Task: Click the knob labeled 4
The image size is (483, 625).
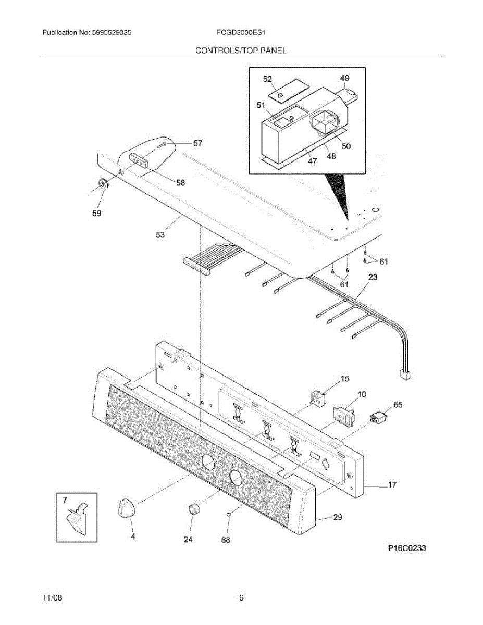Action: (126, 508)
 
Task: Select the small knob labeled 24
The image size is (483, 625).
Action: (194, 509)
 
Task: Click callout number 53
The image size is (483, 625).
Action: (160, 235)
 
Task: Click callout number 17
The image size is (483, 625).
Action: (392, 485)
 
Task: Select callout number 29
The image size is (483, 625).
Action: (338, 517)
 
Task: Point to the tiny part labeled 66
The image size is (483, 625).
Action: (228, 515)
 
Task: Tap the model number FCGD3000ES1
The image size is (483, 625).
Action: (241, 32)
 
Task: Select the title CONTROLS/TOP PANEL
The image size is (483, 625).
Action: (241, 51)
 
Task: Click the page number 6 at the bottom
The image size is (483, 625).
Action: (241, 598)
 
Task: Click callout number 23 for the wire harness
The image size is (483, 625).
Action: (373, 278)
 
